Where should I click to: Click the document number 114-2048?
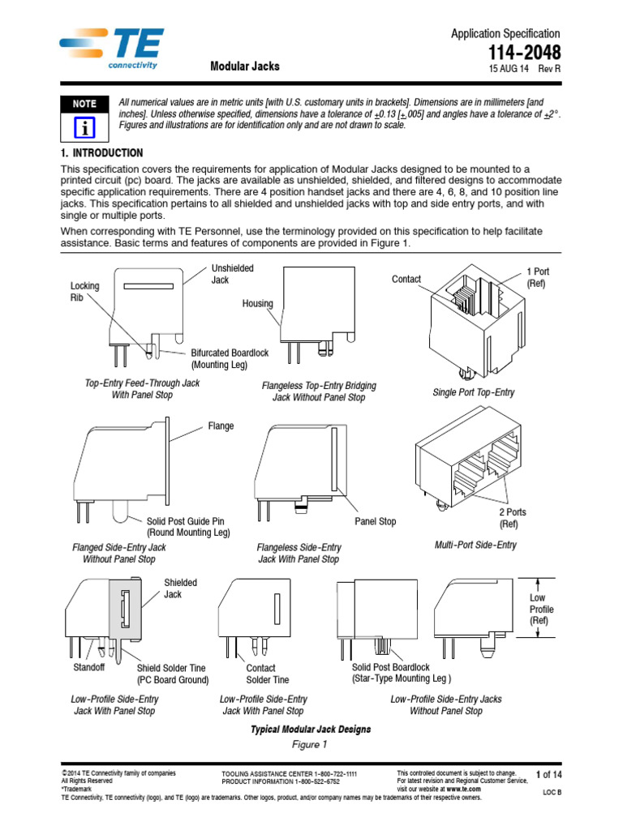(524, 52)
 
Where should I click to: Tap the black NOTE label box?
(84, 104)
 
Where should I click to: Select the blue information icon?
(84, 127)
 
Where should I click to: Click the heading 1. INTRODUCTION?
(102, 153)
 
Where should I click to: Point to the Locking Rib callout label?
(84, 292)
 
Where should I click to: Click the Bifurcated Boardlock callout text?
(231, 358)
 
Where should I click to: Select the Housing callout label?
(257, 304)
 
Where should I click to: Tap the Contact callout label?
(406, 279)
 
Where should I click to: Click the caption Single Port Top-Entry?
(474, 392)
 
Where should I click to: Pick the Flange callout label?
(221, 426)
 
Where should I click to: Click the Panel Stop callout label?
(375, 521)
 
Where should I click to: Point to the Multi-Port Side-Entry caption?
(475, 545)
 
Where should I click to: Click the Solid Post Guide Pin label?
(188, 527)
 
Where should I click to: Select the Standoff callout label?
(89, 667)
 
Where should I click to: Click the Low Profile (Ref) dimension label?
(540, 609)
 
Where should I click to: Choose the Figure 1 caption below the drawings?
(310, 744)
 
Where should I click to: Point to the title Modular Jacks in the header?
(245, 66)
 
